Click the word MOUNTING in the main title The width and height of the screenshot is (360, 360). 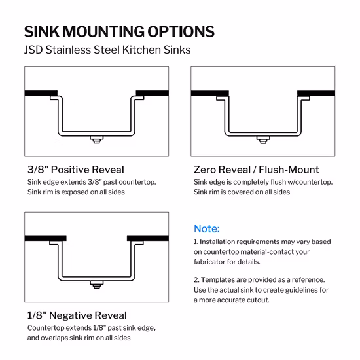click(x=104, y=31)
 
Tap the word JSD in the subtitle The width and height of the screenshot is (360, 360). click(x=33, y=50)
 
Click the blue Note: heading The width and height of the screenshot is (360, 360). click(x=207, y=228)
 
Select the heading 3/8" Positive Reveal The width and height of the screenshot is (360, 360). click(x=76, y=170)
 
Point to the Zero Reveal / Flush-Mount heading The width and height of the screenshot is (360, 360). click(x=256, y=170)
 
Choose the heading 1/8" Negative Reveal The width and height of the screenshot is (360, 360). click(x=77, y=315)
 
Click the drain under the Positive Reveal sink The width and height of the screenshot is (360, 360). click(x=97, y=139)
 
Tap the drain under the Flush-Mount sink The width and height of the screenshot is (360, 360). click(x=263, y=140)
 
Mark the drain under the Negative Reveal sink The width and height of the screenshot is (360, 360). click(x=97, y=285)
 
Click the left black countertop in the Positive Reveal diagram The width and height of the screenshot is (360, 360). click(x=41, y=93)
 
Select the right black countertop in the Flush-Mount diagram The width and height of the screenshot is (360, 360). click(x=316, y=94)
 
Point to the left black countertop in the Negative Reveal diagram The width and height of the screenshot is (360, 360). click(x=45, y=238)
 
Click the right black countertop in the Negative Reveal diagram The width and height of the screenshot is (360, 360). click(x=148, y=238)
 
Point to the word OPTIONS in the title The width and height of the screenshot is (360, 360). click(x=181, y=31)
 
